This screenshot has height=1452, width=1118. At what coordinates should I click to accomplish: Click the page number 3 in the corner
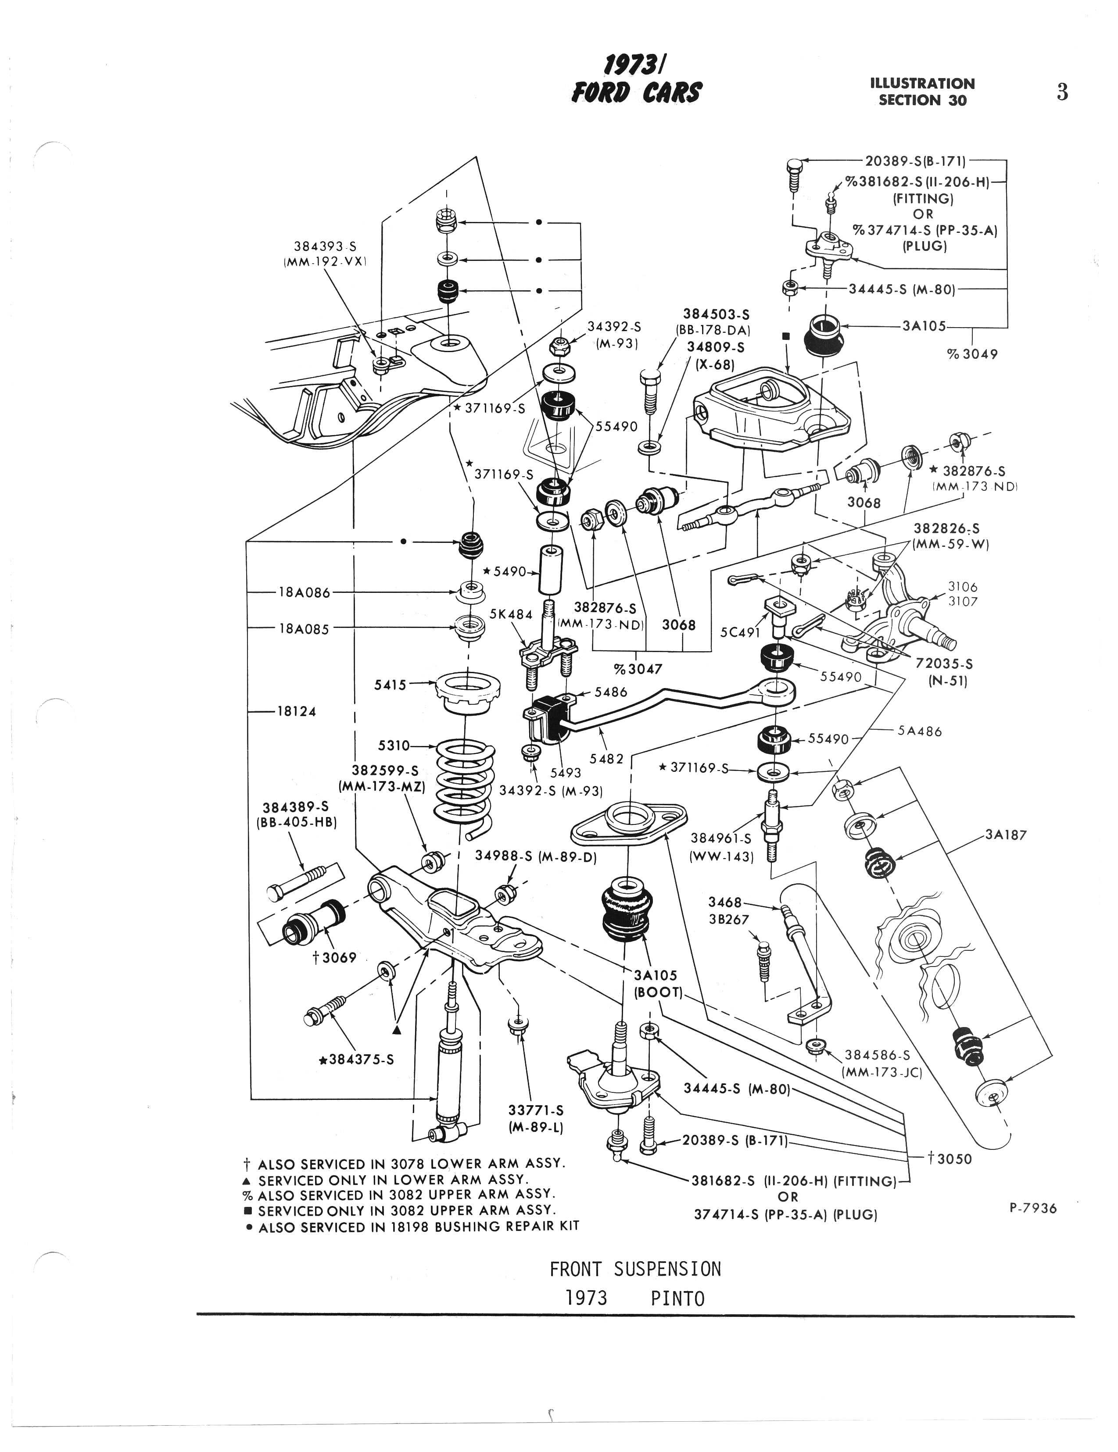[x=1062, y=92]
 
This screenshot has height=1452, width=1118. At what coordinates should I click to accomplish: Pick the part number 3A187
[x=1006, y=835]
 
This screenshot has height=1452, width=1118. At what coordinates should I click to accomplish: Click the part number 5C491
[x=740, y=631]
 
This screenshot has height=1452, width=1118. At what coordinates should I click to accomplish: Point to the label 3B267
[x=728, y=920]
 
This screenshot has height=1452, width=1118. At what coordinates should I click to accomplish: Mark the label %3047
[x=638, y=669]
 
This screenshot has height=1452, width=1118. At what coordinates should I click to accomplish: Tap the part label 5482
[x=606, y=758]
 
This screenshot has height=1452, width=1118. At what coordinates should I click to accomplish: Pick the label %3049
[x=972, y=354]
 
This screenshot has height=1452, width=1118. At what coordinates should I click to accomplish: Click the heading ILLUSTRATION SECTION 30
[x=922, y=92]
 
